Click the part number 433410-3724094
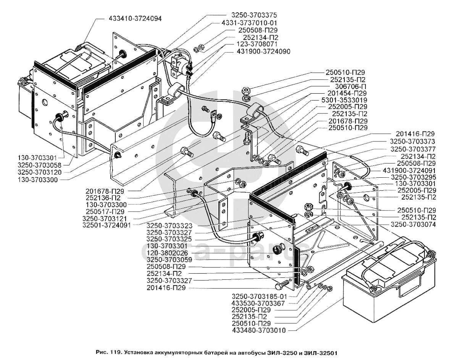[135, 18]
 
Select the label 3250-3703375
[253, 15]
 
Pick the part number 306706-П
[348, 86]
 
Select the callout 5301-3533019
[343, 101]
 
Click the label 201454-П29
[347, 94]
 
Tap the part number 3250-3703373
[413, 142]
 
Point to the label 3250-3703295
[413, 177]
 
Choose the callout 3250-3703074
[413, 224]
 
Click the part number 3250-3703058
[40, 165]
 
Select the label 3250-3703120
[40, 172]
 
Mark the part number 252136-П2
[103, 198]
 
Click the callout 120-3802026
[167, 253]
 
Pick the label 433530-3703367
[258, 303]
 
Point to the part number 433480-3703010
[259, 330]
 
